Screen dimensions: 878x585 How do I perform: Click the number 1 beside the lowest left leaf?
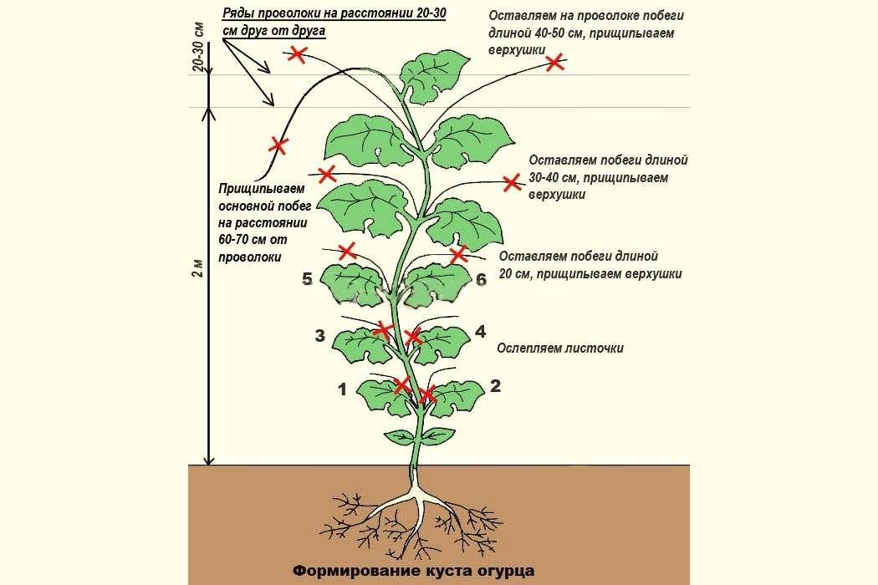click(343, 389)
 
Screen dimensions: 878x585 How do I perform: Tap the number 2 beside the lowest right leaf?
click(496, 386)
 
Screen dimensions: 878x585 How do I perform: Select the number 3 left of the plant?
click(319, 336)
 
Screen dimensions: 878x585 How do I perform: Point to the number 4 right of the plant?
click(481, 332)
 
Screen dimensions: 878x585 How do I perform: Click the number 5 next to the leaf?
click(307, 279)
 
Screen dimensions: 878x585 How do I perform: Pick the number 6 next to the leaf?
click(481, 279)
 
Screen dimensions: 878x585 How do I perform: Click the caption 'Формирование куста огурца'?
click(414, 571)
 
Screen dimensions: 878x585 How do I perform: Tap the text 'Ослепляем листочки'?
click(560, 348)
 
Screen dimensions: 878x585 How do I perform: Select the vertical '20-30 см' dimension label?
click(198, 48)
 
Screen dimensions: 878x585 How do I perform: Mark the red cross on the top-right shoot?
click(555, 62)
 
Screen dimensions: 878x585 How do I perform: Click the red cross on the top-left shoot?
click(298, 54)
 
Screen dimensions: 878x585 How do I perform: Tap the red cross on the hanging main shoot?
click(278, 145)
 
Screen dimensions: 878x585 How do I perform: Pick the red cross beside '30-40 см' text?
click(511, 182)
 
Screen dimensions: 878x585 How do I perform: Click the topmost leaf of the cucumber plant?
click(434, 75)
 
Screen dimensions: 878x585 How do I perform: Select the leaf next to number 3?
click(362, 344)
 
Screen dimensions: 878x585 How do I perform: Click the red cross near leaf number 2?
click(427, 394)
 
